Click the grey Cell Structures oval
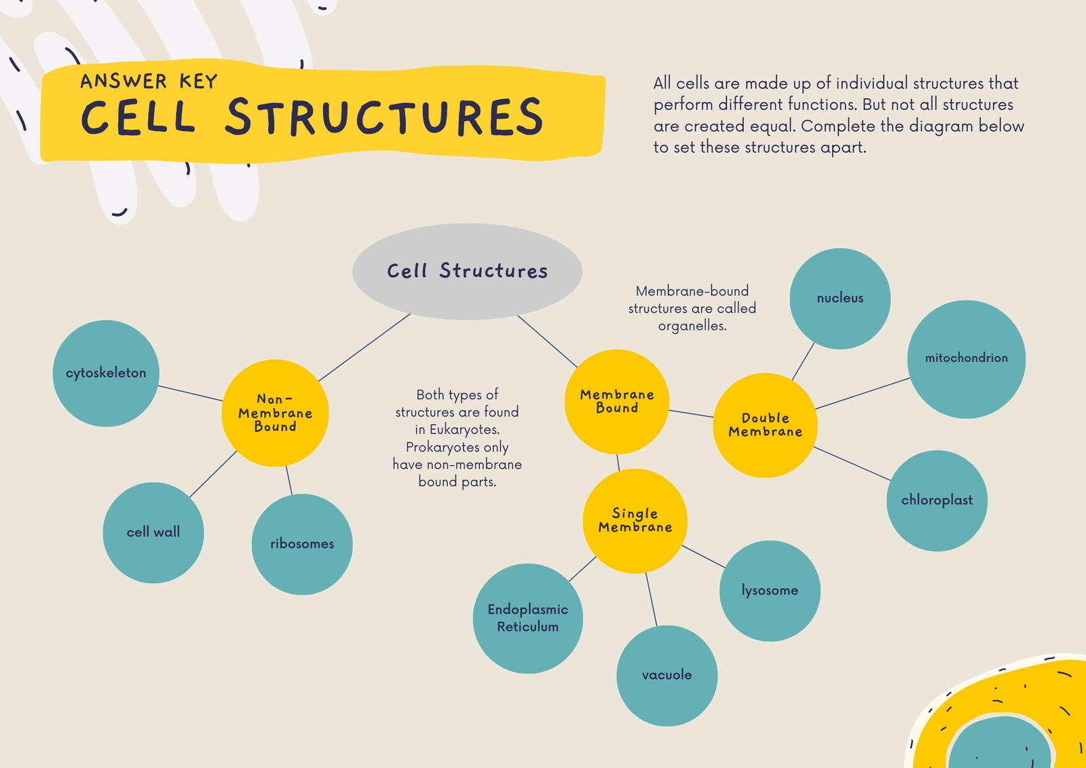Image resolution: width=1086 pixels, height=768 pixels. coord(468,271)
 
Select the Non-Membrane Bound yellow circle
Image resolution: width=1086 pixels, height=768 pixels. coord(275,413)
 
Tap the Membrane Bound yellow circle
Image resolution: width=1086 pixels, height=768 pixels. coord(617,402)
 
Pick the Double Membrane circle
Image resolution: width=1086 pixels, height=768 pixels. coord(765,425)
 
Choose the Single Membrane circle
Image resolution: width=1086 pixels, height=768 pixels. coord(635,521)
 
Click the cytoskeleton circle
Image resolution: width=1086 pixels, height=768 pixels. coord(106,373)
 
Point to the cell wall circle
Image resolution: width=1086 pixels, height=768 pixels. coord(153,532)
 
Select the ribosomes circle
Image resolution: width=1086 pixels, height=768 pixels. coord(302,545)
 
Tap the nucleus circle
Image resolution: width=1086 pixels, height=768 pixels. coord(840,298)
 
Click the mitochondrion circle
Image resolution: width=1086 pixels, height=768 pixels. coord(967,359)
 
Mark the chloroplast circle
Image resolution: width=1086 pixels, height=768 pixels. coord(937,500)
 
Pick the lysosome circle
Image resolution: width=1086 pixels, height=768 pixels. coord(770,591)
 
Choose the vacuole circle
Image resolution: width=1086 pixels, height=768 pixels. coord(667,676)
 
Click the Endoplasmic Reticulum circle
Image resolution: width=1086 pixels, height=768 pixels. coord(528,619)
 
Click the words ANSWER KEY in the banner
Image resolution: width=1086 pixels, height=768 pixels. coord(149,81)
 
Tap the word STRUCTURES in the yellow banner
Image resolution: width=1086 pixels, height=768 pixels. coord(384,116)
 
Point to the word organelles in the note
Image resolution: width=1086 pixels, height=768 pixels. coord(692,326)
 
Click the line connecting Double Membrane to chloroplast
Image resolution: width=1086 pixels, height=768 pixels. coord(852,464)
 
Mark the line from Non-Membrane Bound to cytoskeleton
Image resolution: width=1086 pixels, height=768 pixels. coord(191,393)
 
